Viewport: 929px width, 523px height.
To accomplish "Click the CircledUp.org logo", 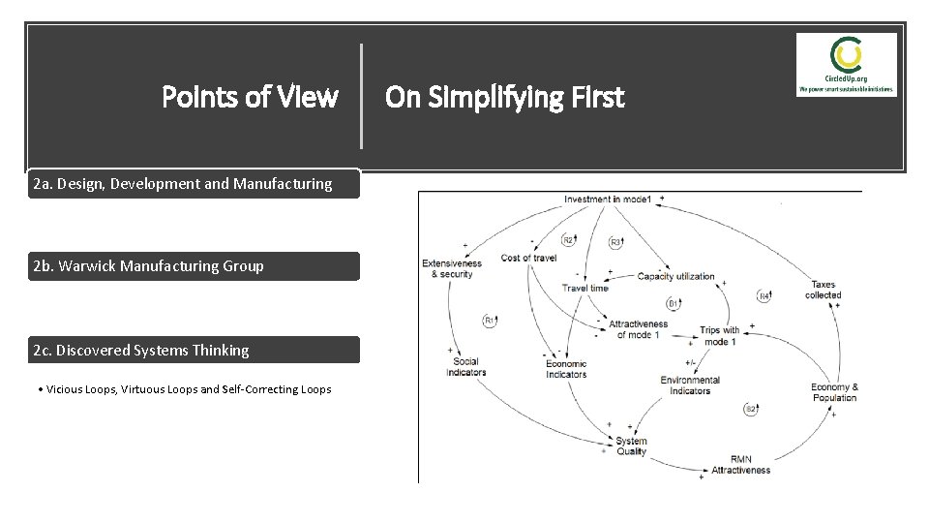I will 847,64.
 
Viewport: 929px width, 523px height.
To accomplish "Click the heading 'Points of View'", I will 250,97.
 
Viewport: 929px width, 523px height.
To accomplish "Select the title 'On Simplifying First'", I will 504,97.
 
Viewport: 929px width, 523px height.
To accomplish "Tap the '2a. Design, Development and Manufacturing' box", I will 195,183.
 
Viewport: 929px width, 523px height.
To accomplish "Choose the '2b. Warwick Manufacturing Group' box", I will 195,265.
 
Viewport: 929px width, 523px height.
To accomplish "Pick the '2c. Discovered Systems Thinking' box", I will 195,350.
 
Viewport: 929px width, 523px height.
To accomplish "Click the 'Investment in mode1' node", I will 609,200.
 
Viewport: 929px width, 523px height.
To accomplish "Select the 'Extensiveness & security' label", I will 451,268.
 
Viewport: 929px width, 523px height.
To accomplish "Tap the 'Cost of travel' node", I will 528,258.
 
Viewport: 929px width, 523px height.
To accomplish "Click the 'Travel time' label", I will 584,288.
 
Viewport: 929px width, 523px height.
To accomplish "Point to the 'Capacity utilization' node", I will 675,276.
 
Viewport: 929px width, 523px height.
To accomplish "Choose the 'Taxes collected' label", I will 823,290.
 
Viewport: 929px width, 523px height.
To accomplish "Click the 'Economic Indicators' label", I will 565,368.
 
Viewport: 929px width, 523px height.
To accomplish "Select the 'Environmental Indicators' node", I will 690,385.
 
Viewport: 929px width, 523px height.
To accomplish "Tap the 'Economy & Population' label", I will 834,392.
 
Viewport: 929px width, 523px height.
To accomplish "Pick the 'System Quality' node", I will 631,446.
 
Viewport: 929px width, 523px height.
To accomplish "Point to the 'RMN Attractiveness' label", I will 740,464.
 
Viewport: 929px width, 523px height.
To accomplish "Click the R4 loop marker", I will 764,295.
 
